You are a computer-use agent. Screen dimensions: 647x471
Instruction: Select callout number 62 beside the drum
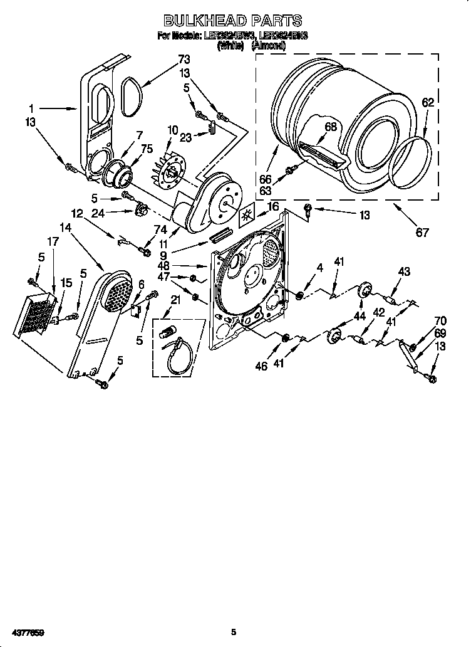click(427, 103)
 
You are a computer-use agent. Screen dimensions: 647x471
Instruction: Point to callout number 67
click(422, 233)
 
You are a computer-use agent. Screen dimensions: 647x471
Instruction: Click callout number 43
click(404, 271)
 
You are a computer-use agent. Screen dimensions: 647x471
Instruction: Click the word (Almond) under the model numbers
click(269, 45)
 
